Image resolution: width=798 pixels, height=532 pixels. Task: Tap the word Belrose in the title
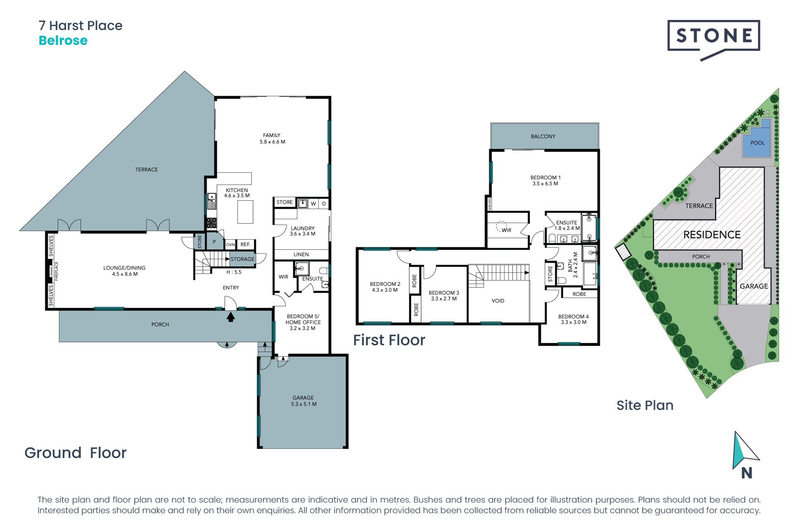click(63, 41)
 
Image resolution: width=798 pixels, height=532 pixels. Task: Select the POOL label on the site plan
click(757, 143)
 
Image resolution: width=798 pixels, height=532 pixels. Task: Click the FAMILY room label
click(272, 135)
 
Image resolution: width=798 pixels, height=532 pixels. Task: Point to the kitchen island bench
click(245, 212)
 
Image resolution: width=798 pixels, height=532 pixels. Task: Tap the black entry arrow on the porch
click(231, 317)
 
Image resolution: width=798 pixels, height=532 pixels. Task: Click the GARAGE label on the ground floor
click(303, 398)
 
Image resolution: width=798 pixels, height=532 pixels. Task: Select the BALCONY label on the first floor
click(543, 136)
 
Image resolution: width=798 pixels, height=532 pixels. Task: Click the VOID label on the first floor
click(498, 301)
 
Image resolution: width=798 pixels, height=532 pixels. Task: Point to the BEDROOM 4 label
click(574, 317)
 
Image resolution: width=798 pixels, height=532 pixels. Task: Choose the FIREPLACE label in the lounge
click(57, 271)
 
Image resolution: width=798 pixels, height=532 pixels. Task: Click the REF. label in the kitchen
click(245, 244)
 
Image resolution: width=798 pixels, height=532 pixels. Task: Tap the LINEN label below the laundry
click(301, 254)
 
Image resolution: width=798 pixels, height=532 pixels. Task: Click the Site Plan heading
click(645, 405)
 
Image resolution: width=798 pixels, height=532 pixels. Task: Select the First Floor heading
click(389, 340)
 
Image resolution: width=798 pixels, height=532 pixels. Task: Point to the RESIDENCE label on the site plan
click(712, 235)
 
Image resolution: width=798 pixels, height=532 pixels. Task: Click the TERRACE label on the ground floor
click(146, 170)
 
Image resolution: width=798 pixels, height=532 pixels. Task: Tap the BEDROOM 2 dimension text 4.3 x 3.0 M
click(385, 290)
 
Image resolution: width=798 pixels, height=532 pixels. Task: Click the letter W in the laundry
click(313, 204)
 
